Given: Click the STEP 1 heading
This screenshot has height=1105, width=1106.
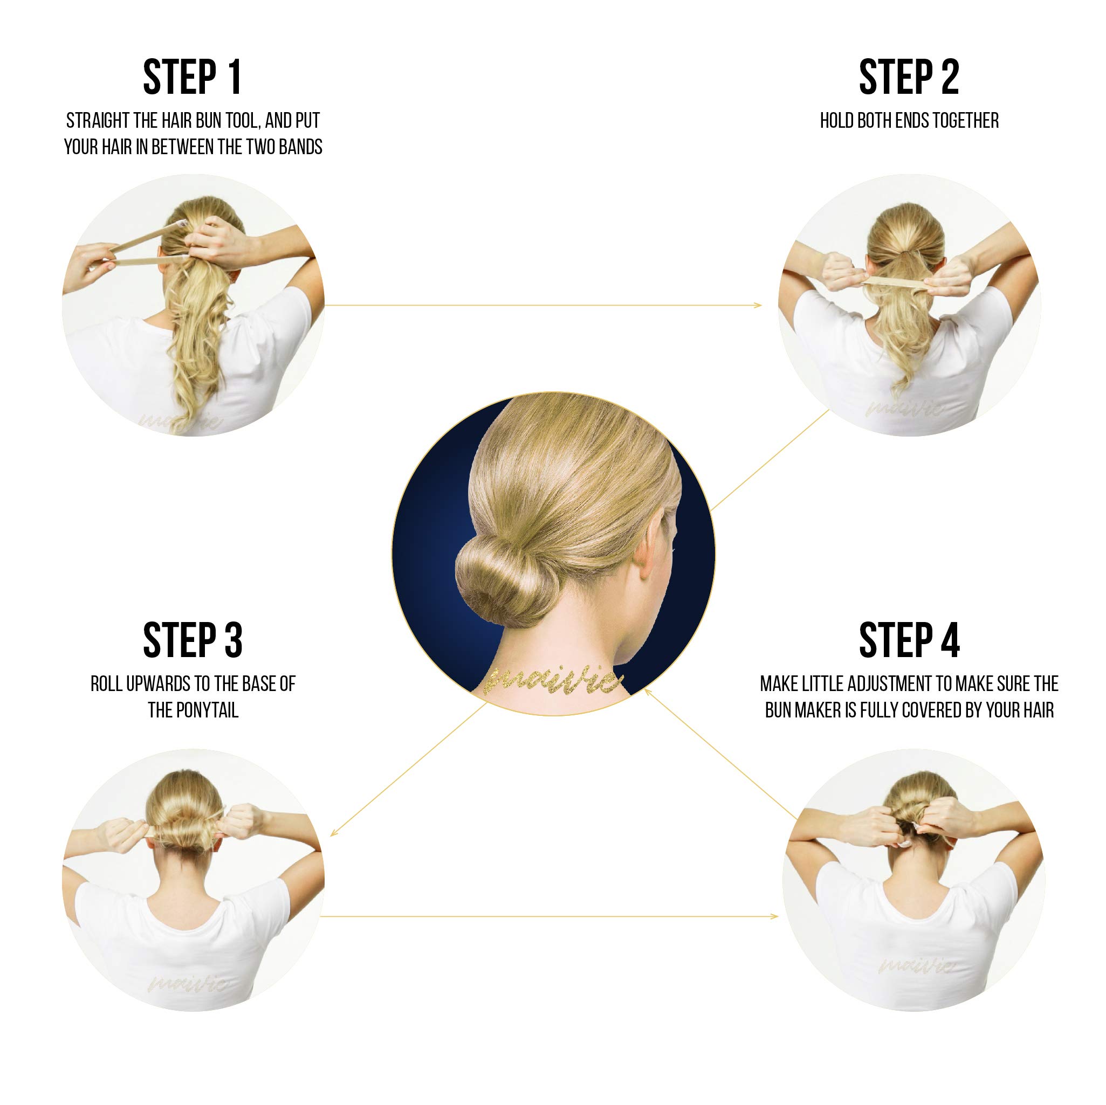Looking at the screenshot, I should click(193, 77).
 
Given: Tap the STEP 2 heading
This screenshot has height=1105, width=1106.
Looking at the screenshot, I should click(909, 77).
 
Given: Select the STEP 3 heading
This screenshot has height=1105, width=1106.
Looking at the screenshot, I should click(193, 640).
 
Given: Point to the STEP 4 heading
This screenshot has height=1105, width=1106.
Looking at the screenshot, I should click(909, 640).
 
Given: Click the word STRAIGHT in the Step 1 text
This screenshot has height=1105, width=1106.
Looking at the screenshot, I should click(98, 121).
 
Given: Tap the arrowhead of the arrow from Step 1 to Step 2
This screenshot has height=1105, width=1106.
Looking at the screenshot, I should click(759, 305).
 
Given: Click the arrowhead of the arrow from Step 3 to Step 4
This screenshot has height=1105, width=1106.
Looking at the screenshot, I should click(775, 916).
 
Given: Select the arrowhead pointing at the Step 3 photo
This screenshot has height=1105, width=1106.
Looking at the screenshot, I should click(333, 834).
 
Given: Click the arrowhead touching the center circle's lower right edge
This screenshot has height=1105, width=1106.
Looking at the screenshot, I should click(647, 690).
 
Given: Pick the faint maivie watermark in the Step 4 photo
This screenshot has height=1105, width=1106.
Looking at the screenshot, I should click(916, 966).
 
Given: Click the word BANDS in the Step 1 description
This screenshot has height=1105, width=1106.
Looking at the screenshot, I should click(300, 147).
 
